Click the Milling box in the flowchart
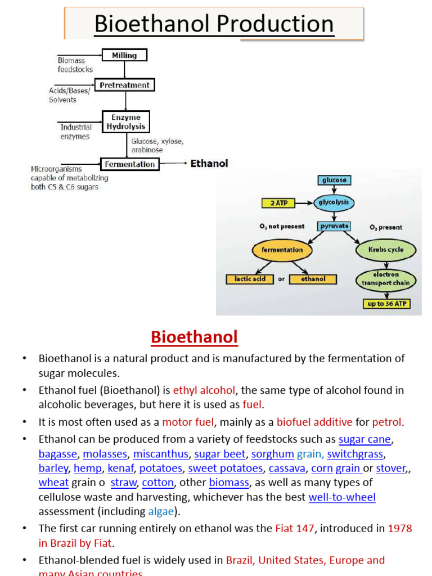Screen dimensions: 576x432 (124, 55)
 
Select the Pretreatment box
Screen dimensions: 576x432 (124, 85)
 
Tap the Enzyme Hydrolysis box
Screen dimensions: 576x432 (126, 122)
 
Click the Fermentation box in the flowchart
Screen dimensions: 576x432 (129, 164)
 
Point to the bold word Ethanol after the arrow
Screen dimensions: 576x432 (209, 164)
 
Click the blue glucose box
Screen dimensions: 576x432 (335, 181)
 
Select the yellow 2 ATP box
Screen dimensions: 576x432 (279, 202)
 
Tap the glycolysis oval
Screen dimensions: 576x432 (335, 202)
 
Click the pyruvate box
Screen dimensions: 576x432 (334, 226)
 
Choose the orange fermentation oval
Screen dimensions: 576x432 (282, 250)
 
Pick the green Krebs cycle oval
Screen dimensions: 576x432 (386, 250)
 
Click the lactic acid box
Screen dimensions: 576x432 (250, 279)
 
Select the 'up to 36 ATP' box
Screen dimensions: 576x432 (386, 304)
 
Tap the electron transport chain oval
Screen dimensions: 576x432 (386, 279)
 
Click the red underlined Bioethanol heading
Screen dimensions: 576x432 (194, 337)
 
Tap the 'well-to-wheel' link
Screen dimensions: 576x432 (342, 497)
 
